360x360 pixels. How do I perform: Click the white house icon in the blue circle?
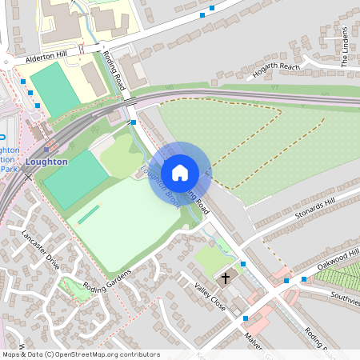[180, 172]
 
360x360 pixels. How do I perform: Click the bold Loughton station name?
[46, 160]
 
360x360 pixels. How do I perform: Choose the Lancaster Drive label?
[41, 250]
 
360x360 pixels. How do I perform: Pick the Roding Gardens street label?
[128, 280]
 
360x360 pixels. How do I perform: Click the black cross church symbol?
[226, 279]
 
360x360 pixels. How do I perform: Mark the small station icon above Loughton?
[47, 148]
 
